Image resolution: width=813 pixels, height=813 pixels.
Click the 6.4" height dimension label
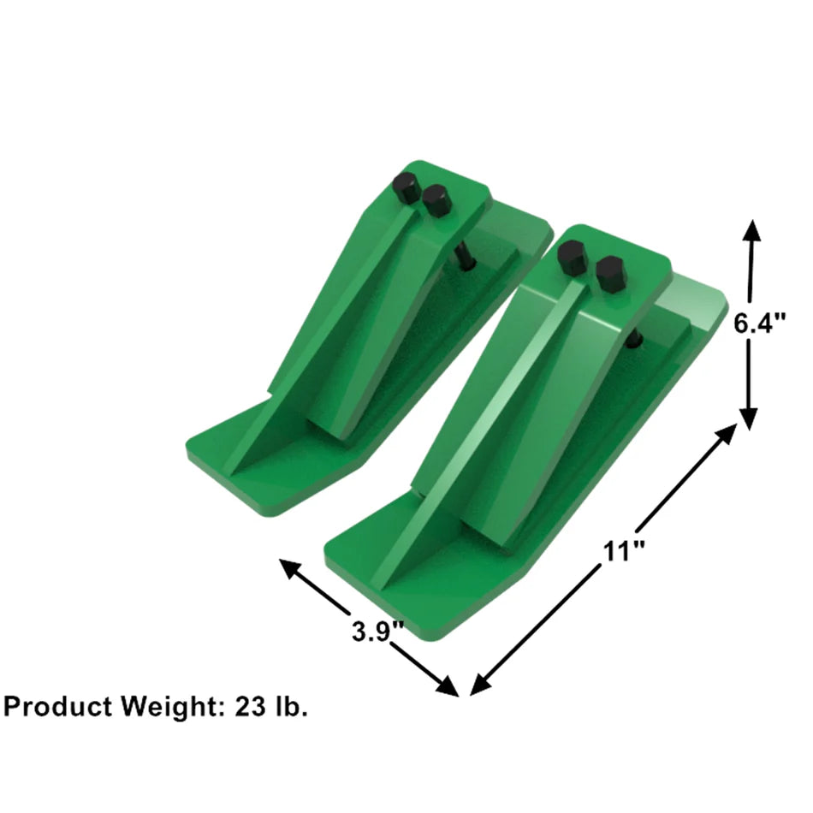761,324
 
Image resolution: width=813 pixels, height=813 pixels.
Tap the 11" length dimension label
623,551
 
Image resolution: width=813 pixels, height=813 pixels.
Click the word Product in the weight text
57,707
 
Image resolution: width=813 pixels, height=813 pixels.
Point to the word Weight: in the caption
171,707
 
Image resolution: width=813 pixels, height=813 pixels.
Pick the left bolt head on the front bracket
573,258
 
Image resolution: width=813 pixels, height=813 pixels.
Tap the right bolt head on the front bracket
610,273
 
